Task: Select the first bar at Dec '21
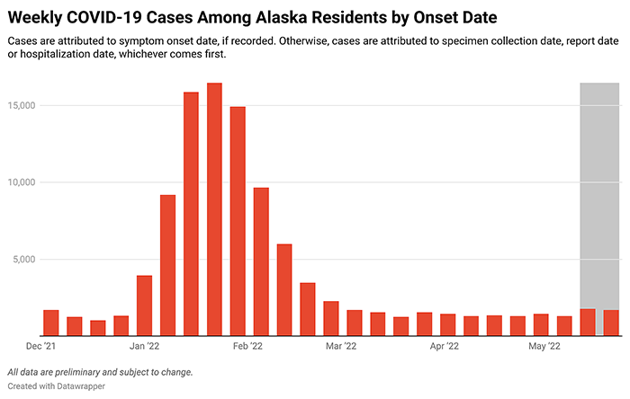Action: click(51, 324)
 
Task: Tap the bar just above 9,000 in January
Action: click(167, 265)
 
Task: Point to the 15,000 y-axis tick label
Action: click(21, 105)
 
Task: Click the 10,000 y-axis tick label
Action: click(21, 182)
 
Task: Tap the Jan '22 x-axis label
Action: click(144, 346)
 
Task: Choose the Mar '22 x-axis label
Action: click(340, 346)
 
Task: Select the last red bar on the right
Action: click(611, 324)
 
